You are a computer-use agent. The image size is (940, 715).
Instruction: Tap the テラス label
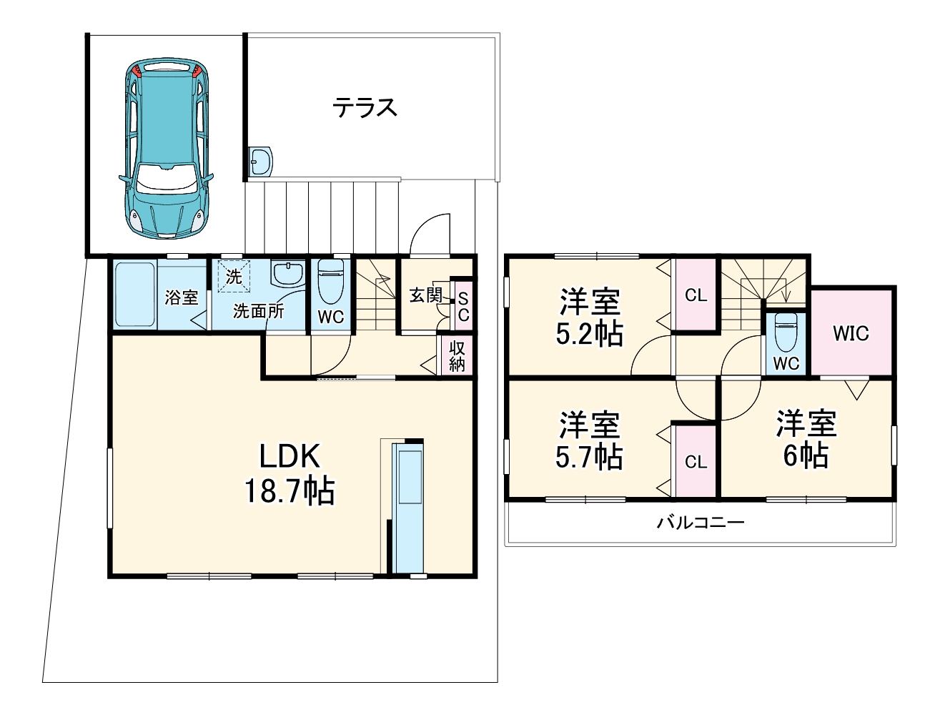tap(365, 108)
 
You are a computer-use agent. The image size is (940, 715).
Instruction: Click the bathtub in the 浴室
tap(135, 295)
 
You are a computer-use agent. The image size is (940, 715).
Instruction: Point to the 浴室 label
tap(181, 297)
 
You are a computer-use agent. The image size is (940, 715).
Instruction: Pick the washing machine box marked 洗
tap(233, 277)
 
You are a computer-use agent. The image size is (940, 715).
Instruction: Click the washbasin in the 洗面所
tap(288, 273)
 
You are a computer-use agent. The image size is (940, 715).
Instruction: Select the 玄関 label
tap(425, 294)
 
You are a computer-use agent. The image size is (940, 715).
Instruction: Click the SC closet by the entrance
tap(463, 306)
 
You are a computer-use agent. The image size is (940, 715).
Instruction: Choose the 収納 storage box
tap(457, 355)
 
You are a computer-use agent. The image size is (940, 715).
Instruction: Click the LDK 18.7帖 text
tap(290, 473)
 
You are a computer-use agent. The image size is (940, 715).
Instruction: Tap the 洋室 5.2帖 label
tap(590, 317)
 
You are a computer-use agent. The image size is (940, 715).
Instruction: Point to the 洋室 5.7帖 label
tap(590, 440)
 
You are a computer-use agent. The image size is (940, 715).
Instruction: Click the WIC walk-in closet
tap(851, 332)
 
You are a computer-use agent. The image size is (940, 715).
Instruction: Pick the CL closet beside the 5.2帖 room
tap(696, 295)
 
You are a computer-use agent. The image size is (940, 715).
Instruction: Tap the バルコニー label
tap(701, 523)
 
